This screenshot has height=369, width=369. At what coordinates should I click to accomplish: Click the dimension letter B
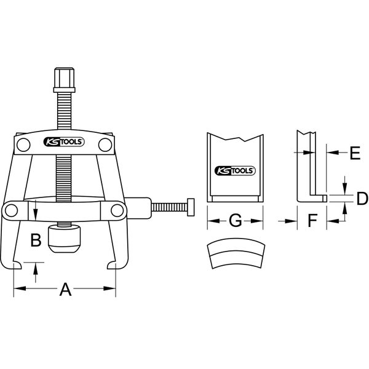point(36,239)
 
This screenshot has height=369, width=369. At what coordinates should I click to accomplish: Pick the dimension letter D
point(362,198)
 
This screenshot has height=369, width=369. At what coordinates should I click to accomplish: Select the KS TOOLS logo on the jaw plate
point(235,171)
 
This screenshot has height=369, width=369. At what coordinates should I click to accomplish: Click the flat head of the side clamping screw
point(192,207)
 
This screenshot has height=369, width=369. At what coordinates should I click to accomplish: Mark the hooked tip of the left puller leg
point(18,266)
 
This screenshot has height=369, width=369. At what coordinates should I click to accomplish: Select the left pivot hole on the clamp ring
point(11,210)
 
